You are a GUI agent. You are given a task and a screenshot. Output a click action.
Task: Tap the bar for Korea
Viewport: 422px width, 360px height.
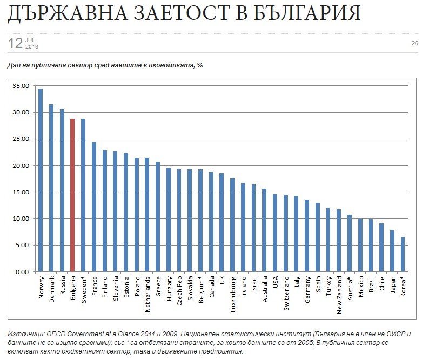(403, 254)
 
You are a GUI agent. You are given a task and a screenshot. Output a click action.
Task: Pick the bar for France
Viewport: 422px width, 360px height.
(93, 207)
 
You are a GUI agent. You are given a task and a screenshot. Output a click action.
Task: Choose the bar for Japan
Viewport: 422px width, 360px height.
(392, 251)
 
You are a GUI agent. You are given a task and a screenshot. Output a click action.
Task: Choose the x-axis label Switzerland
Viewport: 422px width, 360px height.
(286, 294)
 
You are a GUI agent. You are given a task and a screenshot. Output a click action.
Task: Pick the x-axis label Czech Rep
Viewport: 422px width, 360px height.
(179, 291)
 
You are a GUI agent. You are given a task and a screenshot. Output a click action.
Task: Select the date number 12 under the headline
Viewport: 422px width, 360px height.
(15, 43)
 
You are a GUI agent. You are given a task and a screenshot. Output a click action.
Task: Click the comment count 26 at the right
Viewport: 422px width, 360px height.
(414, 43)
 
